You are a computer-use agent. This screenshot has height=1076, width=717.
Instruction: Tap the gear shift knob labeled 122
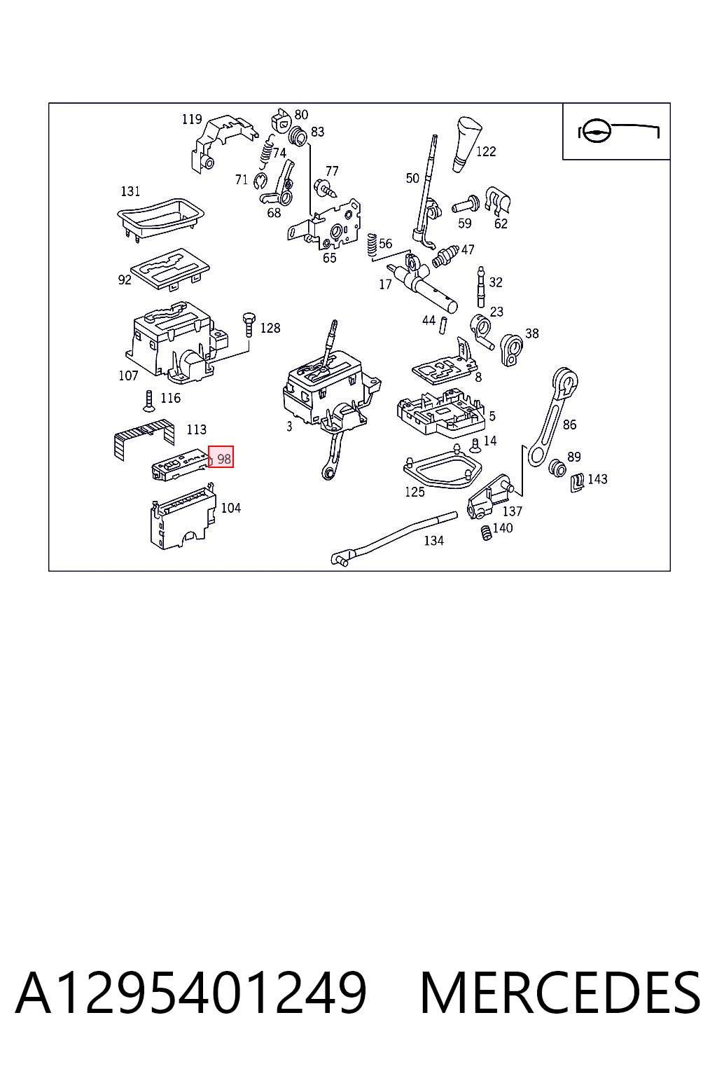467,144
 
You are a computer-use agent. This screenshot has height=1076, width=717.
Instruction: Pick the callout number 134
433,540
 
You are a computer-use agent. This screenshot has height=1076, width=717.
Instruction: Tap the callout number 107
128,375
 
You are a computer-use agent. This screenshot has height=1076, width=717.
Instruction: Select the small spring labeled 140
487,532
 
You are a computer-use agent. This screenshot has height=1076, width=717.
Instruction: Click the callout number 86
569,424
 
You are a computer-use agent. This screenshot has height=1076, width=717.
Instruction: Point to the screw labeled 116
148,401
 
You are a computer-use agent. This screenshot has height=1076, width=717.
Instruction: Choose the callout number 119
192,118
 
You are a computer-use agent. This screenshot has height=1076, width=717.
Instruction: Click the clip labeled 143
578,482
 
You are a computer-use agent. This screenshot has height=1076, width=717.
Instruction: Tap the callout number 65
330,258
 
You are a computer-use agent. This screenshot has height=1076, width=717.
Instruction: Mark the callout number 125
415,491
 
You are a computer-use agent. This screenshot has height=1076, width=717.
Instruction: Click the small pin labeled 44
443,324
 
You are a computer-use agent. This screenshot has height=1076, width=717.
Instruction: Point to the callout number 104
231,508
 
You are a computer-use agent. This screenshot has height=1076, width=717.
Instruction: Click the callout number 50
412,178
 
